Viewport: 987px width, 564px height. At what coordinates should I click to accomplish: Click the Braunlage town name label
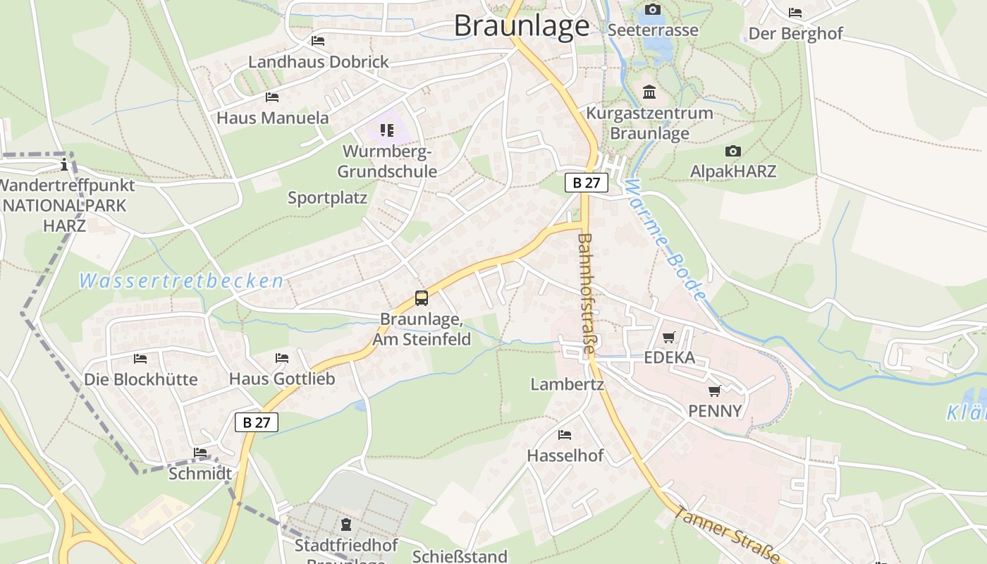[x=521, y=26]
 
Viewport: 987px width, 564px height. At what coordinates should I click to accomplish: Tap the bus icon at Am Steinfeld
[x=422, y=298]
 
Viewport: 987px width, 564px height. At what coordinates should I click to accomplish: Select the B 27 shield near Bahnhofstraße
[x=586, y=183]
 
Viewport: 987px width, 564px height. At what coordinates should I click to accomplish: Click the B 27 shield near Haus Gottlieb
[x=257, y=422]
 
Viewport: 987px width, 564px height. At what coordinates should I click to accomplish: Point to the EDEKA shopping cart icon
[x=668, y=337]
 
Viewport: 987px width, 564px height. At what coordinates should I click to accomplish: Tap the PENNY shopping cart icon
[x=715, y=391]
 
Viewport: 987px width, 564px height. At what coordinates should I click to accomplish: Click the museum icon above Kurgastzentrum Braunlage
[x=649, y=92]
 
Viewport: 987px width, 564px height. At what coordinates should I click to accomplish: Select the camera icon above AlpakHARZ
[x=733, y=151]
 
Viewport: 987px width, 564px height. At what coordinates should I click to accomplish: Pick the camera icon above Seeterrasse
[x=653, y=9]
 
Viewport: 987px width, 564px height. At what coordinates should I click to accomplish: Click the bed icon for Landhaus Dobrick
[x=318, y=41]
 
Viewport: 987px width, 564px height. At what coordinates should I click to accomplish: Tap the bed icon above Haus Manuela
[x=272, y=97]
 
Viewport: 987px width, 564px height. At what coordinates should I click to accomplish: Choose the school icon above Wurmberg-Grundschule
[x=387, y=130]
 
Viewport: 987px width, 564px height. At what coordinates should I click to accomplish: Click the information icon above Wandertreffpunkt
[x=65, y=165]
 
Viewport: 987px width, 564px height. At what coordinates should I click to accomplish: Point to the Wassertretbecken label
[x=181, y=281]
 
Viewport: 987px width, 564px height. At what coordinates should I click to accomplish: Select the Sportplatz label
[x=327, y=198]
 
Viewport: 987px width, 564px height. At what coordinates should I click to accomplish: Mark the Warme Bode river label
[x=665, y=240]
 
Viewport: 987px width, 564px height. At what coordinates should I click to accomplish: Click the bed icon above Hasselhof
[x=565, y=434]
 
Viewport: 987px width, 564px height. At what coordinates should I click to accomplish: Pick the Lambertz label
[x=567, y=385]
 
